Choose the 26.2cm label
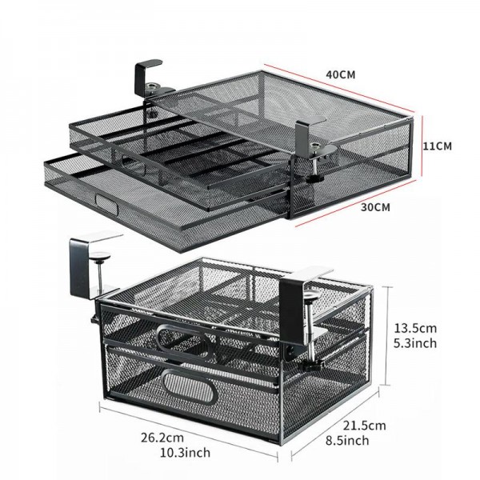coord(162,439)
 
